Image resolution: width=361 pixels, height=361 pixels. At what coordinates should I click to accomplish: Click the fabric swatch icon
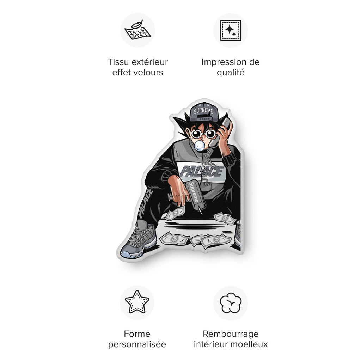(x=138, y=30)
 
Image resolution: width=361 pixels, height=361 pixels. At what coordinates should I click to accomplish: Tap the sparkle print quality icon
(x=231, y=30)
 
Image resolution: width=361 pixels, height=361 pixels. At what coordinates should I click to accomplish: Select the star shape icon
(x=137, y=302)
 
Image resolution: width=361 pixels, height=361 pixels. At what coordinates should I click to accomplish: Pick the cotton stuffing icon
(x=231, y=303)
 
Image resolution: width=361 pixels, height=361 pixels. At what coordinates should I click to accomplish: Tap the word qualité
(x=231, y=73)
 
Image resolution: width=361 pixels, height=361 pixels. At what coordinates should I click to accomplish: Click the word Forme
(x=137, y=334)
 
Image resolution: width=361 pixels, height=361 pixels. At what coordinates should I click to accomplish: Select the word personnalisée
(x=137, y=345)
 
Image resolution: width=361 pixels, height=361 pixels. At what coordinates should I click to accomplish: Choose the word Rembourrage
(x=231, y=334)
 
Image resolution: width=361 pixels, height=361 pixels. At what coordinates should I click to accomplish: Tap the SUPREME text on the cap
(x=203, y=111)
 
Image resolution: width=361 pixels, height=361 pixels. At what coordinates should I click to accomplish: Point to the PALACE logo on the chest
(x=201, y=171)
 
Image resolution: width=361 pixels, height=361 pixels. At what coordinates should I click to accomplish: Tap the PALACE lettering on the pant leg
(x=145, y=203)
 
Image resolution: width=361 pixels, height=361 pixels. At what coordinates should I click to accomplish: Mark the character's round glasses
(x=203, y=134)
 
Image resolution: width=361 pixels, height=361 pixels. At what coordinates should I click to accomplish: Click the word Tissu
(x=118, y=62)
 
